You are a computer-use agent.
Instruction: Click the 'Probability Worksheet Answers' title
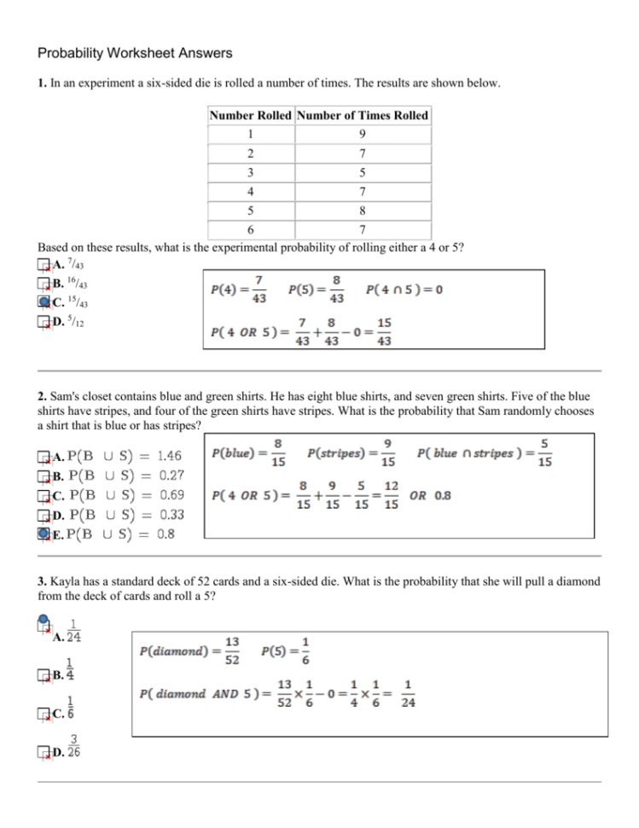(x=135, y=53)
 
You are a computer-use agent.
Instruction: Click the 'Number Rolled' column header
(x=251, y=115)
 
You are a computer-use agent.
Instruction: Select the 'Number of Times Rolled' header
(x=363, y=115)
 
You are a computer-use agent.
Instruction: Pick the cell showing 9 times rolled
(x=363, y=134)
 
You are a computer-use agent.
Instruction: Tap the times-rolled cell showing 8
(x=363, y=210)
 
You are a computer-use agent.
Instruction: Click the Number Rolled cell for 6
(x=251, y=230)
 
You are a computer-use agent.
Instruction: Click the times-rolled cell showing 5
(x=363, y=172)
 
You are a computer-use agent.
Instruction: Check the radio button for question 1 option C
(x=44, y=301)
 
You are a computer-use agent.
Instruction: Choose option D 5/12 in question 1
(x=44, y=322)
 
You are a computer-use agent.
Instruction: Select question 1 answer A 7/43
(x=44, y=264)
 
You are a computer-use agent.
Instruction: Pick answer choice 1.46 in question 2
(x=44, y=457)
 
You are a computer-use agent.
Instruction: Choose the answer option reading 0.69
(x=44, y=494)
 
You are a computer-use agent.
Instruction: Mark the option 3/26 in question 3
(x=44, y=752)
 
